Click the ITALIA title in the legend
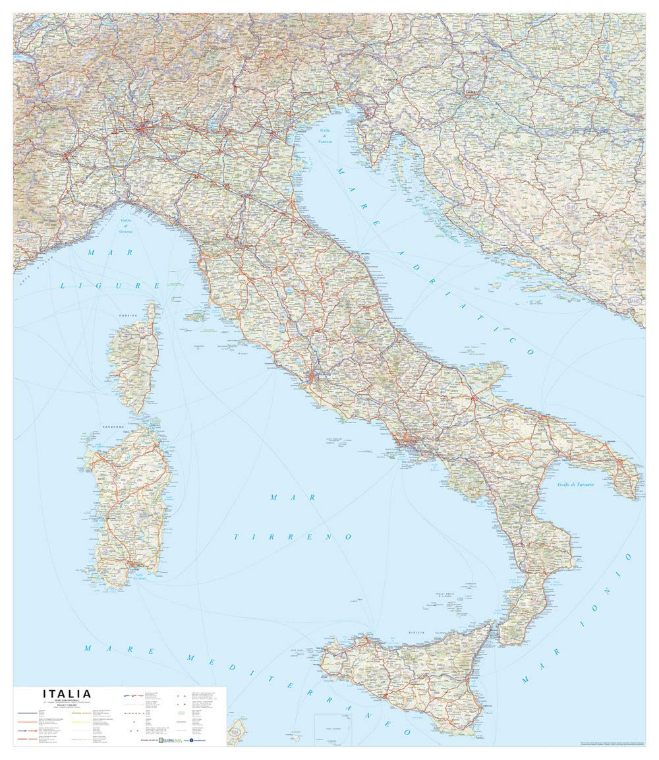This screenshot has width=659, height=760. [67, 693]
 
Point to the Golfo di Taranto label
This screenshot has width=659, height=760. [575, 485]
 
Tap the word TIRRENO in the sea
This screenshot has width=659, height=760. [293, 537]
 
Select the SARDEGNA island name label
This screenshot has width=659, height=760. [113, 427]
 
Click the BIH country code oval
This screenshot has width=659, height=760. [571, 207]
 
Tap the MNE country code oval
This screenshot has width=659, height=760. [634, 301]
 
